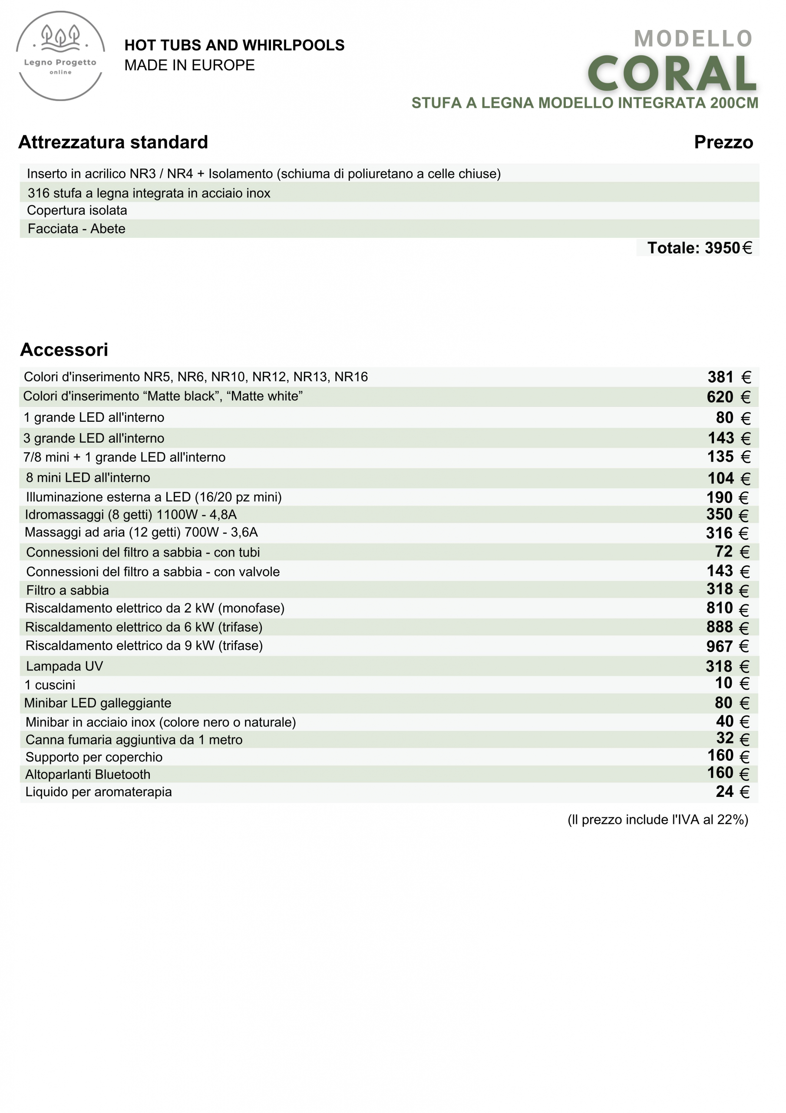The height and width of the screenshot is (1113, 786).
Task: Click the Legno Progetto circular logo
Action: (60, 56)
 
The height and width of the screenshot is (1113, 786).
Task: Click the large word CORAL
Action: (672, 73)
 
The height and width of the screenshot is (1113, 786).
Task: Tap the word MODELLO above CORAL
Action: (693, 39)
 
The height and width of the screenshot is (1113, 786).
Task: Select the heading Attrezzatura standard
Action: (113, 142)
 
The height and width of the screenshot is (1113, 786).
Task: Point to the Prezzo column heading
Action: (723, 142)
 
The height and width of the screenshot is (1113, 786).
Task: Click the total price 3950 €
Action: (699, 248)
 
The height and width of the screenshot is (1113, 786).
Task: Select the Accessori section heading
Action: (64, 350)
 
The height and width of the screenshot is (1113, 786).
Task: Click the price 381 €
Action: (729, 377)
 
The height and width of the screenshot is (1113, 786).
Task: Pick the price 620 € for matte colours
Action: (728, 397)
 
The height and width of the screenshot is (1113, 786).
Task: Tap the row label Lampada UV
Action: (64, 666)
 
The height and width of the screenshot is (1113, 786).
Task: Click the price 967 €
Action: (727, 646)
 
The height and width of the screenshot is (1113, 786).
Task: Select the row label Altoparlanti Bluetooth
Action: (88, 774)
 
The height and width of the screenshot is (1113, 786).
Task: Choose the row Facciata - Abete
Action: (76, 229)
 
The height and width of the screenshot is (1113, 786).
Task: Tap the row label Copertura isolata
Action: (77, 210)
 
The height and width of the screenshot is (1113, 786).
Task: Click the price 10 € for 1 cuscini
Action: (732, 683)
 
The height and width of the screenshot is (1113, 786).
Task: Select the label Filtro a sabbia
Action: (67, 590)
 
